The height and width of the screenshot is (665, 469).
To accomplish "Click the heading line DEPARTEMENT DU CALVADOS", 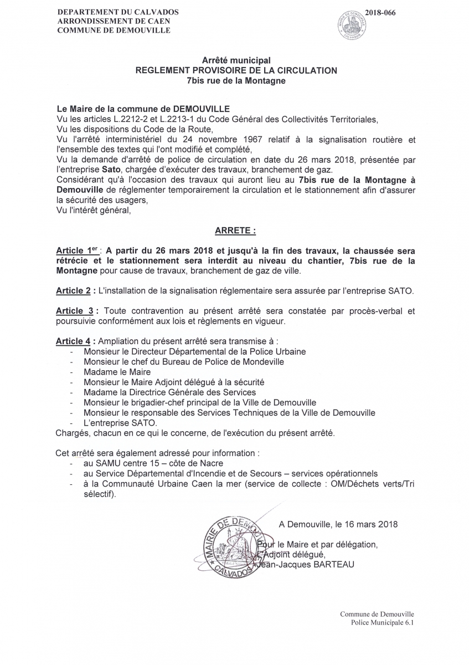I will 114,12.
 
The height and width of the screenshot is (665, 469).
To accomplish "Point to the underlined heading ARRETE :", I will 235,229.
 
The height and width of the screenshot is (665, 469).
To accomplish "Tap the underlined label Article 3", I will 73,311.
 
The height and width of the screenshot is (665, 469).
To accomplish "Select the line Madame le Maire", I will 117,372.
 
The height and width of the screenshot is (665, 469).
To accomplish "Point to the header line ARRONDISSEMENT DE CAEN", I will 114,21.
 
